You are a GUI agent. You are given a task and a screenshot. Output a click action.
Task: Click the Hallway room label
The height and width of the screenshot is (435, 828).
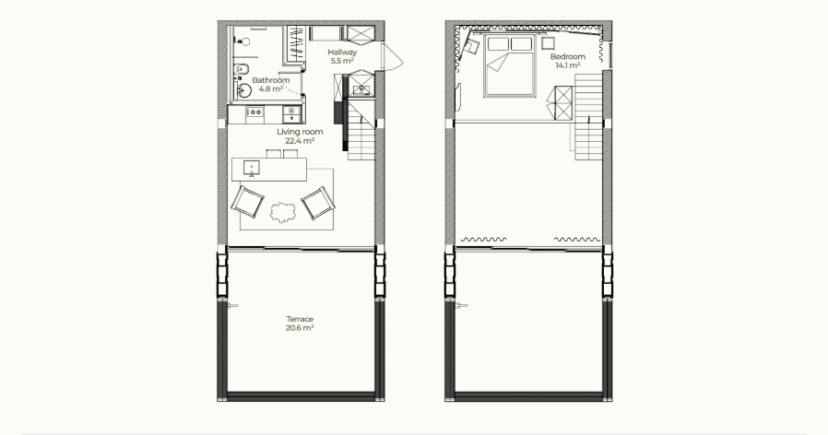click(342, 53)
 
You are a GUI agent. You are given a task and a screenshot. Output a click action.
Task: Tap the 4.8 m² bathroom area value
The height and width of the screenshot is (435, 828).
click(271, 88)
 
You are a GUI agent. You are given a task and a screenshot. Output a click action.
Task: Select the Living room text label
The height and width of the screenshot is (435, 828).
click(300, 132)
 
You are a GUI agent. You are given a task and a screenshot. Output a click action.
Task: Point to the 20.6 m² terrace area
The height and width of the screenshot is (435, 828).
click(300, 328)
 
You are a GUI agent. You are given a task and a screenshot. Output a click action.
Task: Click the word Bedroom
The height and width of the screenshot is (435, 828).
click(568, 56)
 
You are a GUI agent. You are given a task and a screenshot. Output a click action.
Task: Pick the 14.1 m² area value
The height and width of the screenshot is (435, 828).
click(568, 65)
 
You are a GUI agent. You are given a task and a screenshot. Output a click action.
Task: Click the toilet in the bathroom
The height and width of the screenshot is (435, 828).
click(241, 69)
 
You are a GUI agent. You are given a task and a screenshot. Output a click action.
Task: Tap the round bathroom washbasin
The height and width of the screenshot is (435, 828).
click(243, 90)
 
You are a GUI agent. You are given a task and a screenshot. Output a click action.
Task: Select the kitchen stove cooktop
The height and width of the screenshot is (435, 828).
click(254, 112)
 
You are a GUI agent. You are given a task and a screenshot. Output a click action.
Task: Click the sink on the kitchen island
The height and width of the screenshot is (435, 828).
click(252, 168)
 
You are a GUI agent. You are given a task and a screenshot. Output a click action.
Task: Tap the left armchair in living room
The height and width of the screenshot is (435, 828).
click(247, 202)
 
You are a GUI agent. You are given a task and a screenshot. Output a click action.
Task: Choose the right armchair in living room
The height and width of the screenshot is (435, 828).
click(318, 203)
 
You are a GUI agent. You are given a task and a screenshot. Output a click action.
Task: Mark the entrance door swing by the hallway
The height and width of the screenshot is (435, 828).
click(393, 57)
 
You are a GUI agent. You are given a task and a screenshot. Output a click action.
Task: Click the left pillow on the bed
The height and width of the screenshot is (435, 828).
click(498, 44)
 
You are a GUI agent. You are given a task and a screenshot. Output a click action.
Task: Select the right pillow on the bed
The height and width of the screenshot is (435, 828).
click(521, 44)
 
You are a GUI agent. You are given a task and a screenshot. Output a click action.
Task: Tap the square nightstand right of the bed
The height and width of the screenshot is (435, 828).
click(548, 42)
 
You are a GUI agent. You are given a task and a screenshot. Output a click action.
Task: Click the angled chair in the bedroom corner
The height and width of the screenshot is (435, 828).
click(470, 47)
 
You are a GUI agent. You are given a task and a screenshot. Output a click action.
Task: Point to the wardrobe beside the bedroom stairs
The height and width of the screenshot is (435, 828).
click(560, 103)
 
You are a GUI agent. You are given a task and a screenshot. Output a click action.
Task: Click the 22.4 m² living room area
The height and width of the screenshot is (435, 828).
click(300, 141)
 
